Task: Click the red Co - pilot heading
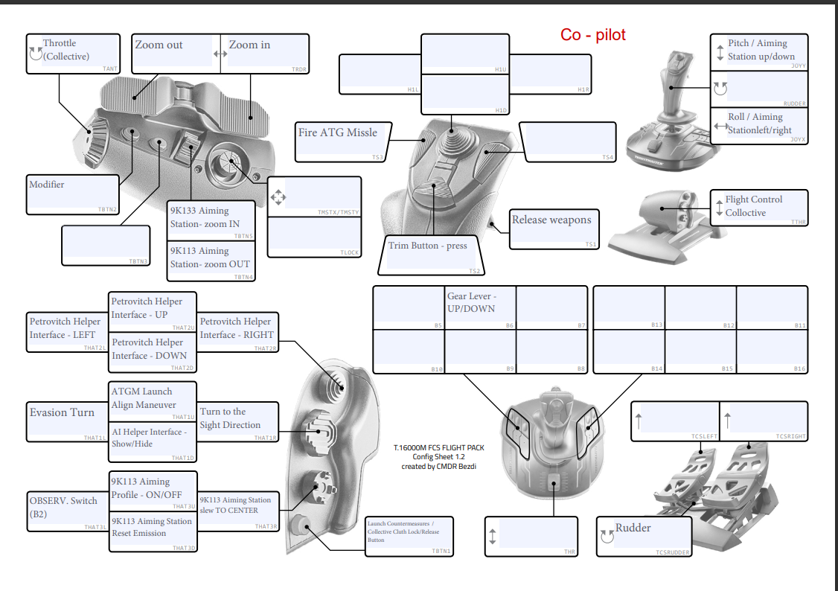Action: point(592,34)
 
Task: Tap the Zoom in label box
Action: point(266,53)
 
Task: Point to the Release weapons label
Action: point(554,229)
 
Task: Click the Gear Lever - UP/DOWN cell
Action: point(480,307)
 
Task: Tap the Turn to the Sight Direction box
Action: point(238,422)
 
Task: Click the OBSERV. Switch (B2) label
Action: point(66,510)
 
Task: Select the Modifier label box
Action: point(72,194)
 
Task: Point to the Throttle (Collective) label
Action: point(73,54)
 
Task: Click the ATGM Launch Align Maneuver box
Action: point(153,401)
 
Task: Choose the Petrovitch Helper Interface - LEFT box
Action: point(66,331)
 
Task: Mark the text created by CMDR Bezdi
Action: point(438,467)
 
